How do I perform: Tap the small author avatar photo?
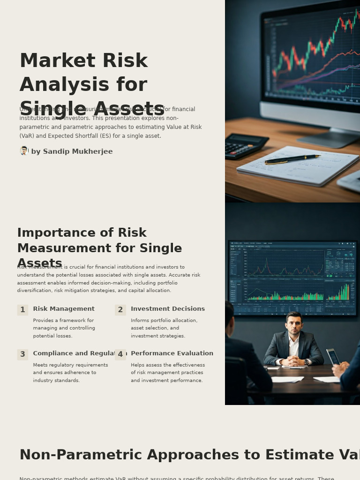pos(24,151)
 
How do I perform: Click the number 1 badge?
pos(22,310)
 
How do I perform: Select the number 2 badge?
pos(120,310)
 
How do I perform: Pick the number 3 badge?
pos(22,354)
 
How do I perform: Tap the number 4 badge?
pos(120,354)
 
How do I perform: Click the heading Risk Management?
pos(64,309)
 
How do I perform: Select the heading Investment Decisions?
pos(168,309)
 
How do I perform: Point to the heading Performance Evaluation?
pos(172,353)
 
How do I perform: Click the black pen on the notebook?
pos(292,159)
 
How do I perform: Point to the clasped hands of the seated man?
pos(294,361)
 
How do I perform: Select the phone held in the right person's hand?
pos(332,357)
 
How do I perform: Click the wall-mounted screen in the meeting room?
pos(292,278)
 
